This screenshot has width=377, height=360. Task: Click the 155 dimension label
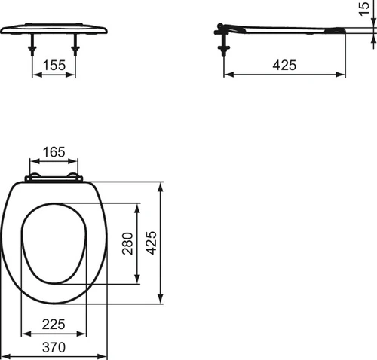pos(54,65)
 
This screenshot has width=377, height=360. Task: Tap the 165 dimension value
pos(54,152)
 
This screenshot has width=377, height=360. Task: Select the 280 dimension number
pos(127,243)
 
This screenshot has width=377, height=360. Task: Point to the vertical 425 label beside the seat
pos(152,243)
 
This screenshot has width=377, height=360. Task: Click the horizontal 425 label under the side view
pos(284,65)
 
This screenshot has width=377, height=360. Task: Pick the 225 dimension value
pos(54,324)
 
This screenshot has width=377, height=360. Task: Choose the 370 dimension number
pos(54,347)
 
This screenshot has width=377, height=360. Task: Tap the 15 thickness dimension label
pos(364,9)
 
